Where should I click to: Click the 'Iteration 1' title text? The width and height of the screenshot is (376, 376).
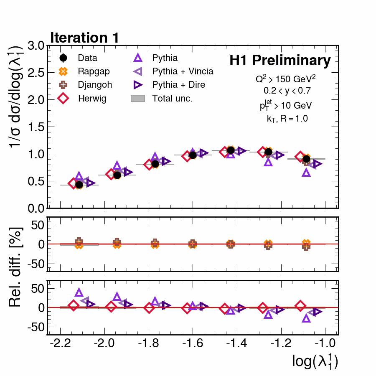(85, 38)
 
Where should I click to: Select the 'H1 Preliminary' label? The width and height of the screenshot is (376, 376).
(280, 61)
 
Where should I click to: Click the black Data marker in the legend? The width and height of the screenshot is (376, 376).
(64, 58)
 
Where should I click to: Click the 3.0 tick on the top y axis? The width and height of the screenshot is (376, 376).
(37, 46)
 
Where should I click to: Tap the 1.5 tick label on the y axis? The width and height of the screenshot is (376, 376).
(37, 127)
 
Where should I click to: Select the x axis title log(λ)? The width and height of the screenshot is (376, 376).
(315, 362)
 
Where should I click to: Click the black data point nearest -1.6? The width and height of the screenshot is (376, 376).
(193, 155)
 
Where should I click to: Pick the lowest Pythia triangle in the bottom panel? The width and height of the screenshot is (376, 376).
(306, 318)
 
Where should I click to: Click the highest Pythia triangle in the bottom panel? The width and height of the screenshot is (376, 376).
(79, 293)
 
